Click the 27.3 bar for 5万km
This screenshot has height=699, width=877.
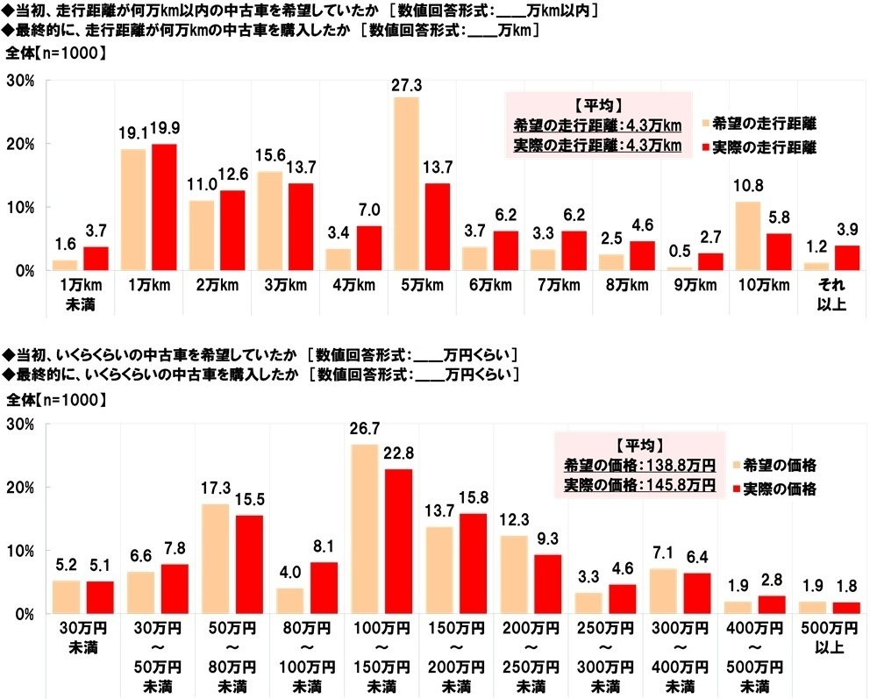coord(406,183)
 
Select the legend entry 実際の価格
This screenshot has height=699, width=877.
coord(779,488)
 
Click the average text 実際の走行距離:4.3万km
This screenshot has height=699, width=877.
coord(596,144)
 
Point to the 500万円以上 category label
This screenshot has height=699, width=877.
coord(827,641)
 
